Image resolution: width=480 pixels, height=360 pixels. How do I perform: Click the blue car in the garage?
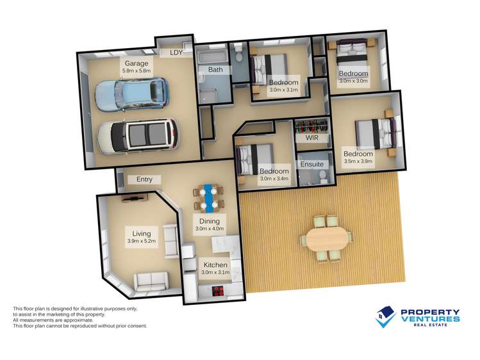(132, 94)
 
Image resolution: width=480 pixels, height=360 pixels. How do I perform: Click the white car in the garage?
(138, 136)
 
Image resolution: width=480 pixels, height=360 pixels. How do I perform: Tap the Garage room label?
(137, 63)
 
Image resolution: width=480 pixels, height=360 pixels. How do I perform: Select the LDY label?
(176, 53)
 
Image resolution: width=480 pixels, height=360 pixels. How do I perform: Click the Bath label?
(215, 69)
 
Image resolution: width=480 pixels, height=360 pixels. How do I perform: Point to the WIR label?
(312, 138)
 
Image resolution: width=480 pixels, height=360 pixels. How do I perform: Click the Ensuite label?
(311, 164)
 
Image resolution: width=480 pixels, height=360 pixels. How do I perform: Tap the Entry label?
(144, 179)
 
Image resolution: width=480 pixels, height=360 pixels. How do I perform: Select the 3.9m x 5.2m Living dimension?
(142, 241)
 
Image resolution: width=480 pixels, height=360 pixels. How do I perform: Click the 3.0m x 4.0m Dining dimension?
(210, 229)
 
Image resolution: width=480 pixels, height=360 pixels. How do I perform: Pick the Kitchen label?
(215, 265)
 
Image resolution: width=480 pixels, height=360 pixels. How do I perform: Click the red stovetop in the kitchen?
(219, 291)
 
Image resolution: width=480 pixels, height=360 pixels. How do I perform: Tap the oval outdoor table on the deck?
(327, 238)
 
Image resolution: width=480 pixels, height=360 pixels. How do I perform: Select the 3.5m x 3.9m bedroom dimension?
(358, 161)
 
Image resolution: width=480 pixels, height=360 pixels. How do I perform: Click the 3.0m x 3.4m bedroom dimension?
(274, 178)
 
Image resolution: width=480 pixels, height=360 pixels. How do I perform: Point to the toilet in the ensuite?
(322, 177)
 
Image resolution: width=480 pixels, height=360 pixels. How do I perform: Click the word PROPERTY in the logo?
(430, 313)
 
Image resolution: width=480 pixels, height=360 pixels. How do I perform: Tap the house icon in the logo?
(385, 317)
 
